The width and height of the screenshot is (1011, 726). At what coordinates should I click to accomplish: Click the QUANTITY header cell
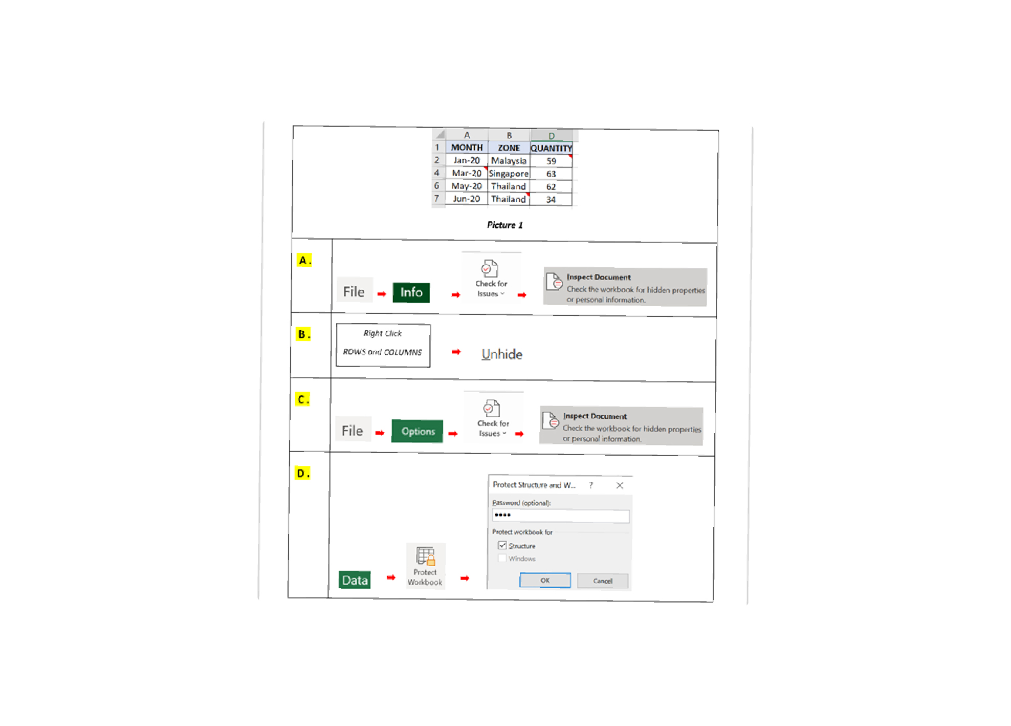pos(551,148)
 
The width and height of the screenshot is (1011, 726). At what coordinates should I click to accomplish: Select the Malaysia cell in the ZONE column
pos(509,161)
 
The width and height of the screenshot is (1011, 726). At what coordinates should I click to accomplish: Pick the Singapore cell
pos(509,174)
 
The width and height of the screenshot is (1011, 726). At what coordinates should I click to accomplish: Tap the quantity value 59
pos(551,161)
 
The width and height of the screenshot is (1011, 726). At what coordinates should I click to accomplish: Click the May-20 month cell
pos(467,186)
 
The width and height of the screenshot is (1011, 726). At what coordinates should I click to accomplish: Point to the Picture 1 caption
pos(504,225)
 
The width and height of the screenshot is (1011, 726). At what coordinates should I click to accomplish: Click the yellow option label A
pos(304,260)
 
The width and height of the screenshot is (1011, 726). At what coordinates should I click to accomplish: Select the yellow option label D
pos(303,473)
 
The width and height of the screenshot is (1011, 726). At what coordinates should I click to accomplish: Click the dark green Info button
pos(411,292)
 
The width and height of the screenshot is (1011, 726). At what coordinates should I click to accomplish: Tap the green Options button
pos(417,431)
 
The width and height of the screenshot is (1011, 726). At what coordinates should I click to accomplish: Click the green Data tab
pos(355,580)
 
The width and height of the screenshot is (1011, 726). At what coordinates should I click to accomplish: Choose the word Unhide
pos(502,354)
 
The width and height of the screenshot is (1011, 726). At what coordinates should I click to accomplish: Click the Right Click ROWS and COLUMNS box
pos(383,346)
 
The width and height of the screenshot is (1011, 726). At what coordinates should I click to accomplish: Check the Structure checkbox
pos(502,546)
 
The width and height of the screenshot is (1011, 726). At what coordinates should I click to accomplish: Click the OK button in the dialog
pos(545,580)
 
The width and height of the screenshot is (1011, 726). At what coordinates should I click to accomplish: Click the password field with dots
pos(561,516)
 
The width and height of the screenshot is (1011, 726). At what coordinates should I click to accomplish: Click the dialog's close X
pos(620,485)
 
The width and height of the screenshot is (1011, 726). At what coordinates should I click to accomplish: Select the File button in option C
pos(353,431)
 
